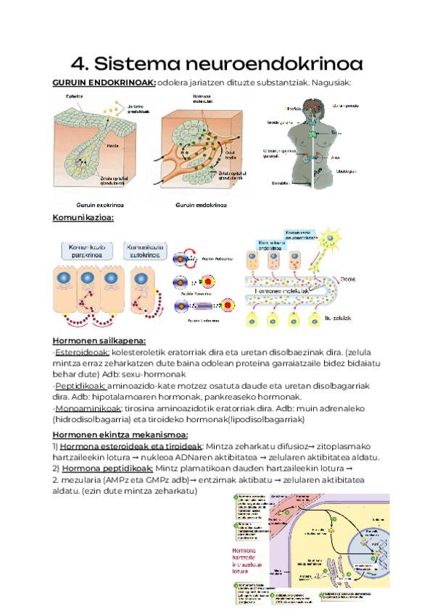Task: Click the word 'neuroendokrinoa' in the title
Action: (283, 63)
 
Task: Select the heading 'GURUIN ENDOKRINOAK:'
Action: (104, 83)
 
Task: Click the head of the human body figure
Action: (308, 105)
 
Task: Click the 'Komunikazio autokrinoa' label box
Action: (146, 251)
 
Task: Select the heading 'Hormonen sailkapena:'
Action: (99, 341)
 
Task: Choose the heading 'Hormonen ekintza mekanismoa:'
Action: (120, 434)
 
